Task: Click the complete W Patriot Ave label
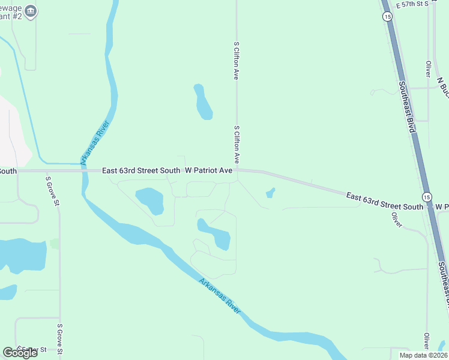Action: point(208,170)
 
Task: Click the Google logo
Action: point(20,353)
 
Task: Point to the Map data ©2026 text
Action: point(422,355)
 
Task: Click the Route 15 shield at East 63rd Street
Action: point(426,197)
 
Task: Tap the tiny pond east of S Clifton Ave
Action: point(271,193)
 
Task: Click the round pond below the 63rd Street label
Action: point(150,200)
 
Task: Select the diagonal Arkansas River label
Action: point(220,296)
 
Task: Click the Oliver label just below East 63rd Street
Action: point(396,220)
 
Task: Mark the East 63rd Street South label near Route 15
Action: point(385,201)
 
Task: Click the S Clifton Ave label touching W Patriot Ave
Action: point(237,145)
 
